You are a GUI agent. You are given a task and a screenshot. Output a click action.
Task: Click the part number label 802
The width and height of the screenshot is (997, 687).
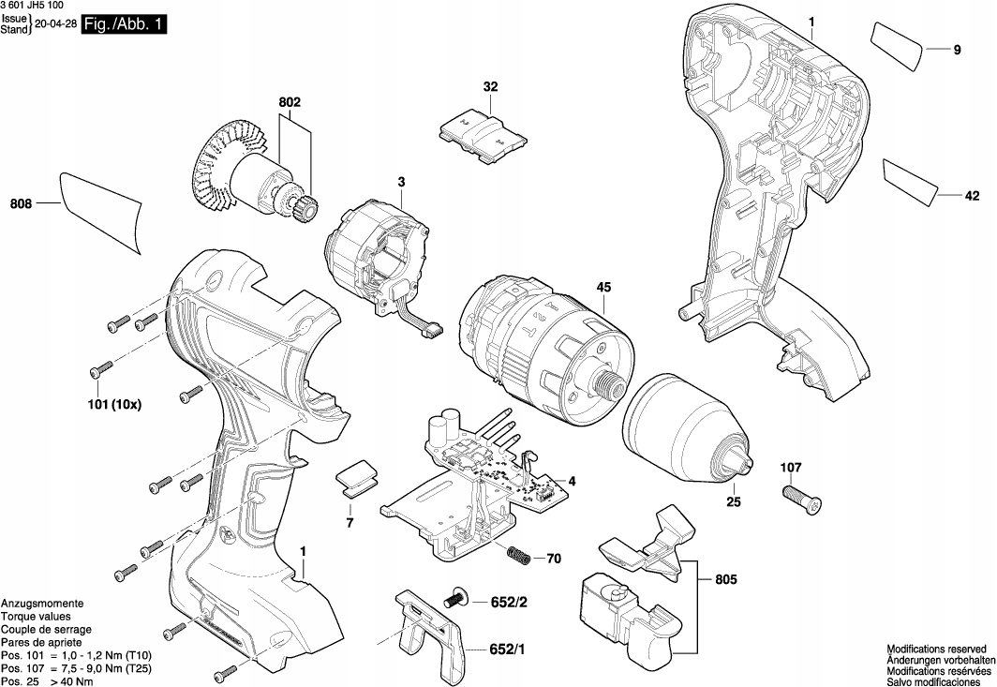(x=290, y=100)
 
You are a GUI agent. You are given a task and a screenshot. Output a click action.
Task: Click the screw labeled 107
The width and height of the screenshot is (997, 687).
(x=799, y=496)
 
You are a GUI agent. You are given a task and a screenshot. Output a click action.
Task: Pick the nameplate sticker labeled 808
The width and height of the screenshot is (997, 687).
(x=100, y=212)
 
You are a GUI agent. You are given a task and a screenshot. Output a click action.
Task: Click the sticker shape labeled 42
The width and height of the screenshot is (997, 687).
(x=910, y=181)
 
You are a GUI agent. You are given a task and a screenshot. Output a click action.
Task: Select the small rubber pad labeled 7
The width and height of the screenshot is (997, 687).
(x=355, y=478)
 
